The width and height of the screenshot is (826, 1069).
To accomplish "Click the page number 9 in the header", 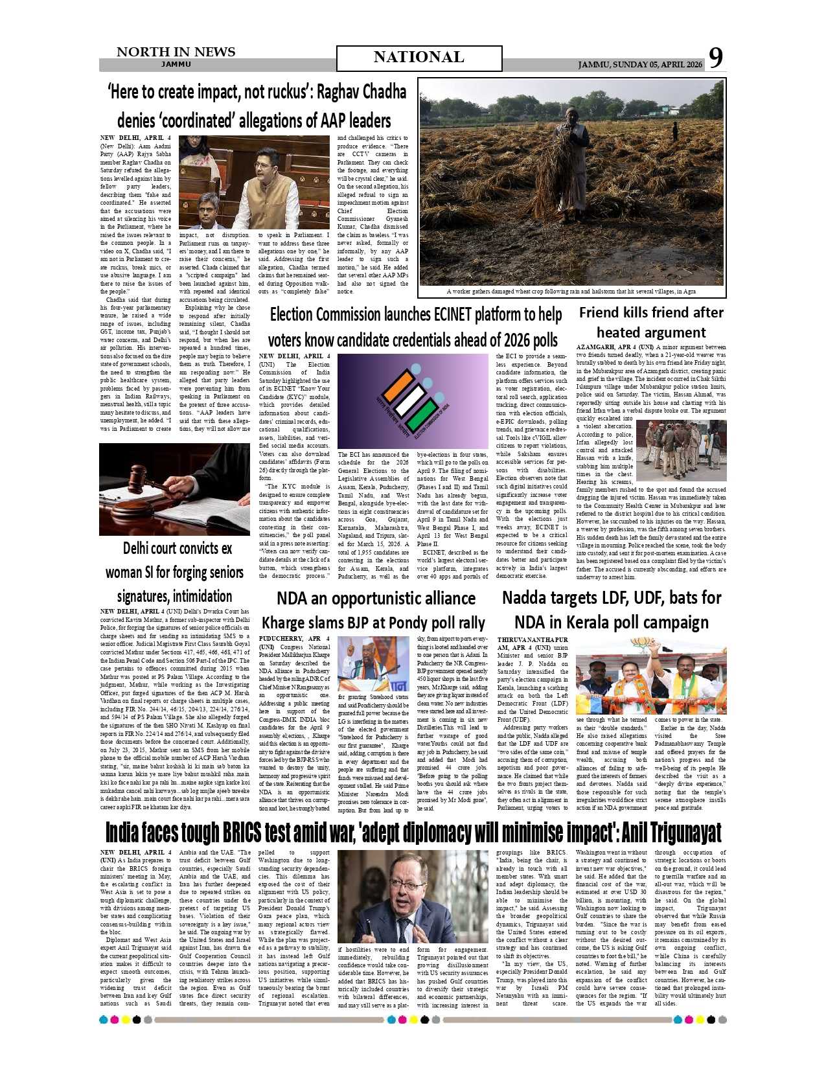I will coord(715,58).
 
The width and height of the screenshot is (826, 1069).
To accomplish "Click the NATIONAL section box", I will coord(419,58).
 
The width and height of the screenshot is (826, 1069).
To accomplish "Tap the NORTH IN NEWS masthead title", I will coord(176,52).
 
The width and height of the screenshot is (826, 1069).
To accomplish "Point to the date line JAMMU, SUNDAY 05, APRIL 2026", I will coord(639,65).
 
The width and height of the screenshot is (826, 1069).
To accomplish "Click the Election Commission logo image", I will coord(413,401).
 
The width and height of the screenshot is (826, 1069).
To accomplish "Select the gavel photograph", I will coord(174,489).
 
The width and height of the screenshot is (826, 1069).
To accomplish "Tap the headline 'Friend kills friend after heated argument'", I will coord(651,322).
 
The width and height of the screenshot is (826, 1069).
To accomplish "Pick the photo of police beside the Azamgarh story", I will coord(681,450).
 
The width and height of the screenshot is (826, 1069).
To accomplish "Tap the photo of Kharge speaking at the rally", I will coord(373,663).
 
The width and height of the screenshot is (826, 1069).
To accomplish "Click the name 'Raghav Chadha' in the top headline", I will coord(361,92).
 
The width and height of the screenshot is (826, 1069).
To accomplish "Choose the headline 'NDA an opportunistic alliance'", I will coord(376,598).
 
